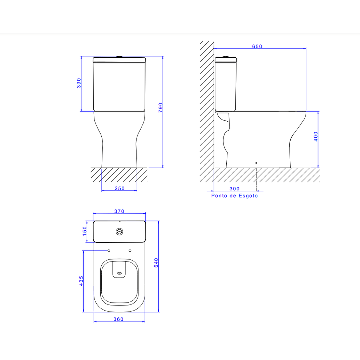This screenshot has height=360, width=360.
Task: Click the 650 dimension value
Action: [x=257, y=46]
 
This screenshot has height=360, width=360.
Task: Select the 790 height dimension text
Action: [x=161, y=108]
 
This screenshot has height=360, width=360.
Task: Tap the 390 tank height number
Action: [x=79, y=83]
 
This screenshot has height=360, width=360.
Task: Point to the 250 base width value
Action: [x=120, y=188]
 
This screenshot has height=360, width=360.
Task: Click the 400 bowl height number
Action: [x=316, y=137]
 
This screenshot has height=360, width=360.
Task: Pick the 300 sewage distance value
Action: [x=234, y=189]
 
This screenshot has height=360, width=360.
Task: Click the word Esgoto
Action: [x=248, y=196]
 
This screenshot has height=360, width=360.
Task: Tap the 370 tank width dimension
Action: [x=120, y=211]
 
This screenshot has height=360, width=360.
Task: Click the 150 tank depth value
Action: [x=85, y=231]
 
